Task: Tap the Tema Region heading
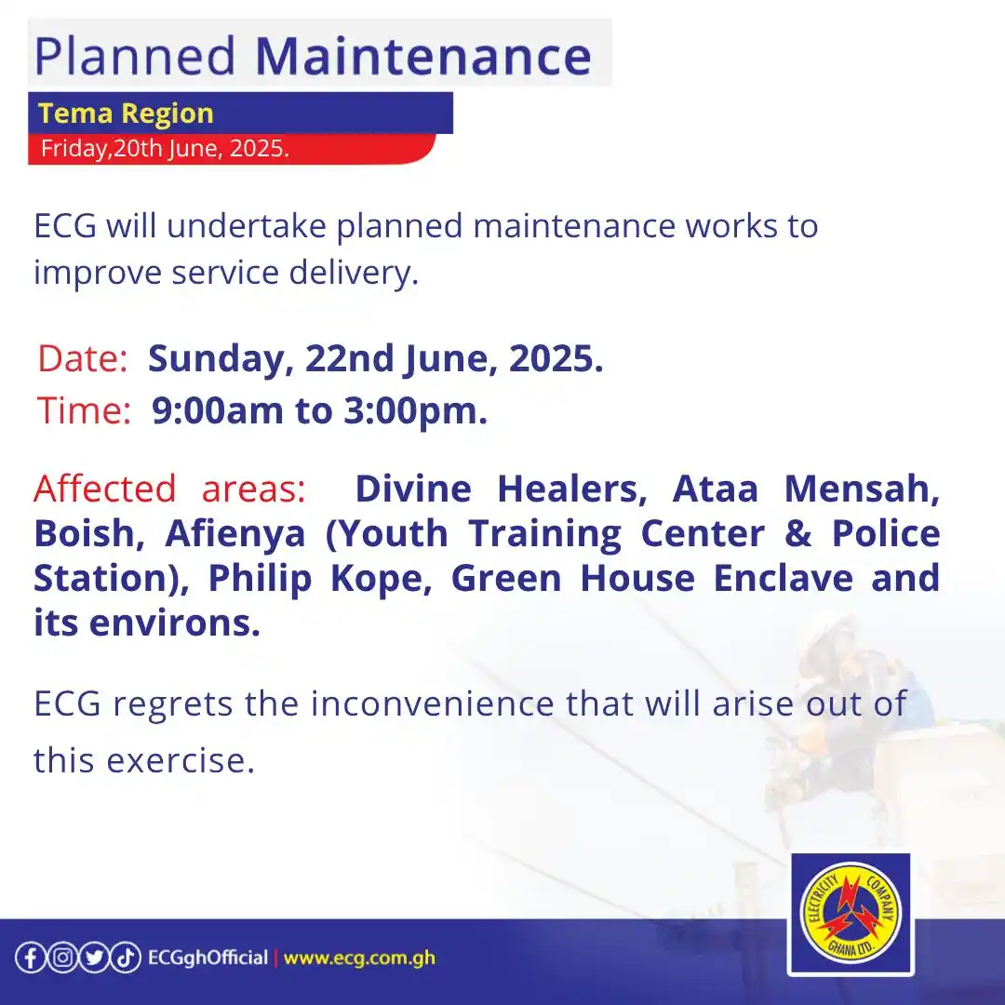[126, 114]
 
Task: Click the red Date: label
[82, 359]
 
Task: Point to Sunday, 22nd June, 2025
[376, 359]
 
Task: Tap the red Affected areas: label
[169, 489]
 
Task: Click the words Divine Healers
[502, 489]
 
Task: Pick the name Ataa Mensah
[806, 489]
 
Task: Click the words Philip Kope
[317, 579]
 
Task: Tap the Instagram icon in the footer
[62, 958]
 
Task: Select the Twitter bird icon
[94, 958]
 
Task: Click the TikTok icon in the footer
[126, 958]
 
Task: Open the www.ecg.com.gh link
[359, 958]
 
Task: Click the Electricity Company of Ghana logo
[850, 914]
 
